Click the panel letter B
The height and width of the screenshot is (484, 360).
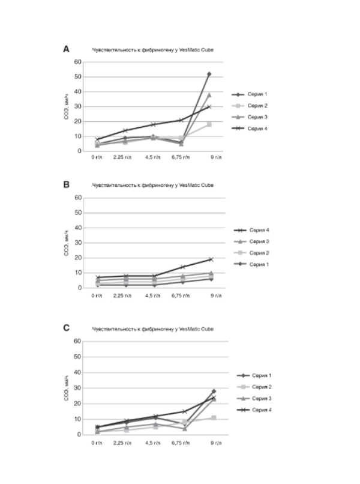(67, 185)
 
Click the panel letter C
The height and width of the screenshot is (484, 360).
(67, 329)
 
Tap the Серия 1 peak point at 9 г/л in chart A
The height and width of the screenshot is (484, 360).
(209, 74)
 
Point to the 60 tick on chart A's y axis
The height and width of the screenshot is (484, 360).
(77, 62)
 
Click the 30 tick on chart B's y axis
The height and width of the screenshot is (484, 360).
(77, 243)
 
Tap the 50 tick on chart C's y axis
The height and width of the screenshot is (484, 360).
(77, 357)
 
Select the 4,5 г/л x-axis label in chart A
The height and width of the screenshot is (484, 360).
(153, 159)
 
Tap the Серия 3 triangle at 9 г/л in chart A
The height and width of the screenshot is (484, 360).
(209, 95)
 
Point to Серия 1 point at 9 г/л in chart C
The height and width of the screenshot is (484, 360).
(213, 391)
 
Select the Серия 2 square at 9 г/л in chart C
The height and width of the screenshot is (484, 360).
(213, 417)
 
